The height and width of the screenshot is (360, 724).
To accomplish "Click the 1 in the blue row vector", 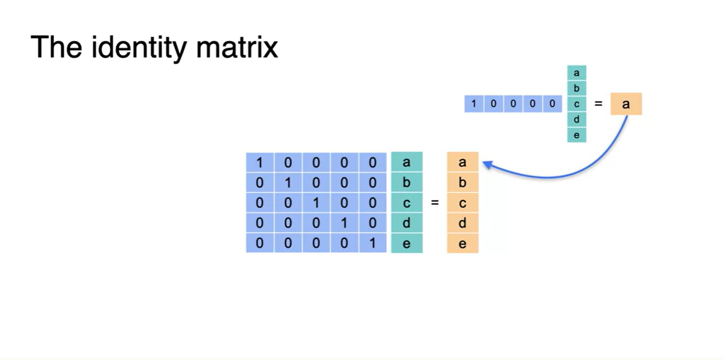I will (474, 104).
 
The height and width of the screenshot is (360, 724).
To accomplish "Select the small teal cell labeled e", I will (576, 135).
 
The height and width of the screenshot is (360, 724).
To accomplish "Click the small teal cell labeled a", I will (576, 73).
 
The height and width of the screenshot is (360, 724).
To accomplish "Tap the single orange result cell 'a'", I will (626, 104).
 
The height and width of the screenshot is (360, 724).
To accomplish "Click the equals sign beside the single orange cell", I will (598, 103).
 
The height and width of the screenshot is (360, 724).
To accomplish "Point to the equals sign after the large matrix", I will (435, 203).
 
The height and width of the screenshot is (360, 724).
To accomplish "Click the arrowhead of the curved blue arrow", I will (486, 163).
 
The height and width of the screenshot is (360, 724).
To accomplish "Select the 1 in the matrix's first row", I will (260, 162).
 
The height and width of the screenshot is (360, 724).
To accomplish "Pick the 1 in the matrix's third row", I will (316, 203).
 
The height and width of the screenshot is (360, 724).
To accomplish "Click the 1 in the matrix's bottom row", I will (373, 244).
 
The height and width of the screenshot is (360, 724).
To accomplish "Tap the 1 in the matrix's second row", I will (288, 182).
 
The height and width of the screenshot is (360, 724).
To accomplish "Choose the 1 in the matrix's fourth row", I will (344, 223).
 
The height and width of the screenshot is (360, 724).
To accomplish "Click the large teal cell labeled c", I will (407, 203).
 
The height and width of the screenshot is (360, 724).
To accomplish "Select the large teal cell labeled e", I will (407, 244).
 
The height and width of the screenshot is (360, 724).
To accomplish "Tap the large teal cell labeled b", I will (407, 182).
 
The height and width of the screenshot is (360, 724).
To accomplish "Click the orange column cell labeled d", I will (462, 223).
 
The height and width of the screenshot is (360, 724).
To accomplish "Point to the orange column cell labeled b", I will (462, 182).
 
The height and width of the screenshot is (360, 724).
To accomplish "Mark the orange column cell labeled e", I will (462, 244).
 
